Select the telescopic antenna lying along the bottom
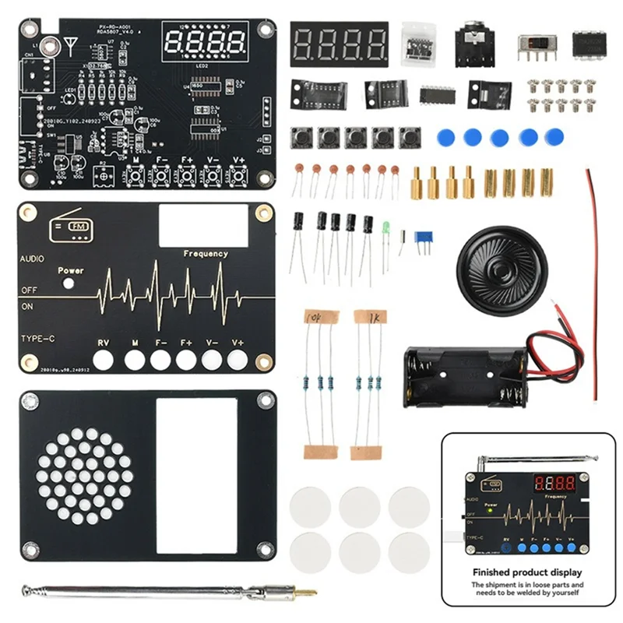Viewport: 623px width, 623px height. click(x=167, y=592)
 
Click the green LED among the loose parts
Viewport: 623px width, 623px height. click(x=385, y=228)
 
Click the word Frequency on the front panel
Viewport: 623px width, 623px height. click(x=206, y=253)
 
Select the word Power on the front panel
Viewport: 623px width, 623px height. click(x=71, y=271)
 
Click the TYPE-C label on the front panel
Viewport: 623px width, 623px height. click(x=39, y=337)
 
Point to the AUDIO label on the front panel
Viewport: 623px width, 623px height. click(x=33, y=258)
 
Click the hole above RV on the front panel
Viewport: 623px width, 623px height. click(x=103, y=359)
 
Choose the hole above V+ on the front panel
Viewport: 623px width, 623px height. click(x=238, y=359)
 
